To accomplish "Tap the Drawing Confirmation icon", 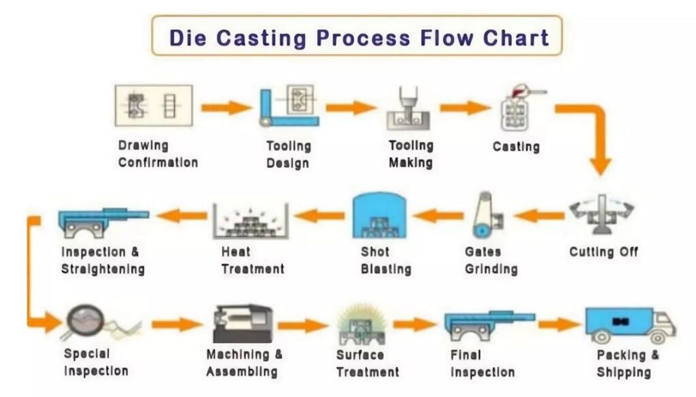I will pos(154,106).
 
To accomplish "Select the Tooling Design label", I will pos(288,154).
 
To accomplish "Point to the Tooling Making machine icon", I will pos(407,109).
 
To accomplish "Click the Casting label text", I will pos(516,146).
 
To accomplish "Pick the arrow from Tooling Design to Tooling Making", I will pos(351,107).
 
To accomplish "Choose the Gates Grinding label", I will pos(491,260).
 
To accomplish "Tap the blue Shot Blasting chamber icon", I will pos(378,215).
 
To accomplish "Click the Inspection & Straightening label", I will pos(103,260).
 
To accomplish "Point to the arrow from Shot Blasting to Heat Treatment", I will pos(319,216).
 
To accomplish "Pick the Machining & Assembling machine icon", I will pos(242,323).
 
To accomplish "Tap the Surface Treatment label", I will pos(368,363).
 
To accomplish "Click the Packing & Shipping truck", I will pos(629,325).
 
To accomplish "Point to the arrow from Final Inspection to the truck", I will pos(559,324).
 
